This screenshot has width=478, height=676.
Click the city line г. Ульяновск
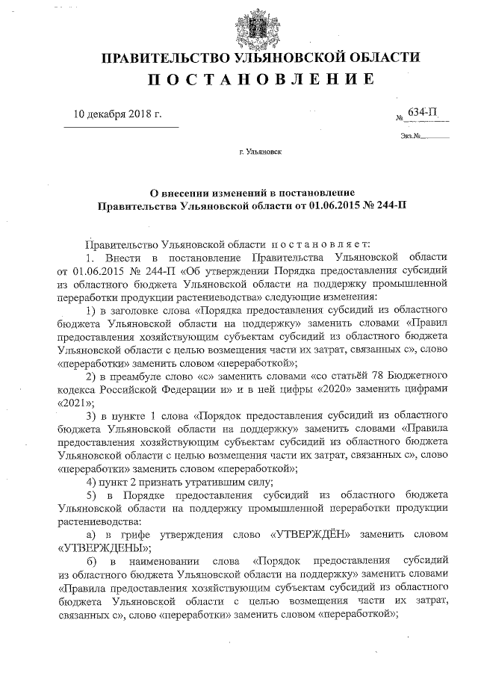(x=260, y=151)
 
